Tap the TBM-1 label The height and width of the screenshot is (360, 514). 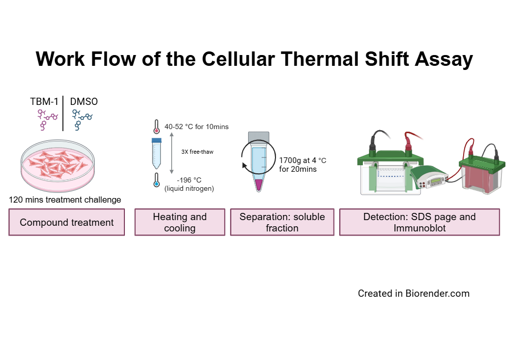pyautogui.click(x=44, y=102)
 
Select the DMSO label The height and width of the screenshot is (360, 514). pyautogui.click(x=84, y=102)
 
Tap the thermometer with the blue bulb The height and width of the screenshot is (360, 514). pyautogui.click(x=156, y=181)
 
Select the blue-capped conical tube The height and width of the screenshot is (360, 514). pyautogui.click(x=157, y=153)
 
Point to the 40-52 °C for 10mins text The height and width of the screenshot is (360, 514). pyautogui.click(x=196, y=127)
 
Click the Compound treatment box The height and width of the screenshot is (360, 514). pyautogui.click(x=67, y=222)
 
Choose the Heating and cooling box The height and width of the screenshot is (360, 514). pyautogui.click(x=179, y=222)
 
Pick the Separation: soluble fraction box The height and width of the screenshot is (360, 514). pyautogui.click(x=282, y=222)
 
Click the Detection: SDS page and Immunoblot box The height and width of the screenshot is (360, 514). pyautogui.click(x=419, y=222)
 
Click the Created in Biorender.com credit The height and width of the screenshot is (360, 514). pyautogui.click(x=413, y=294)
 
